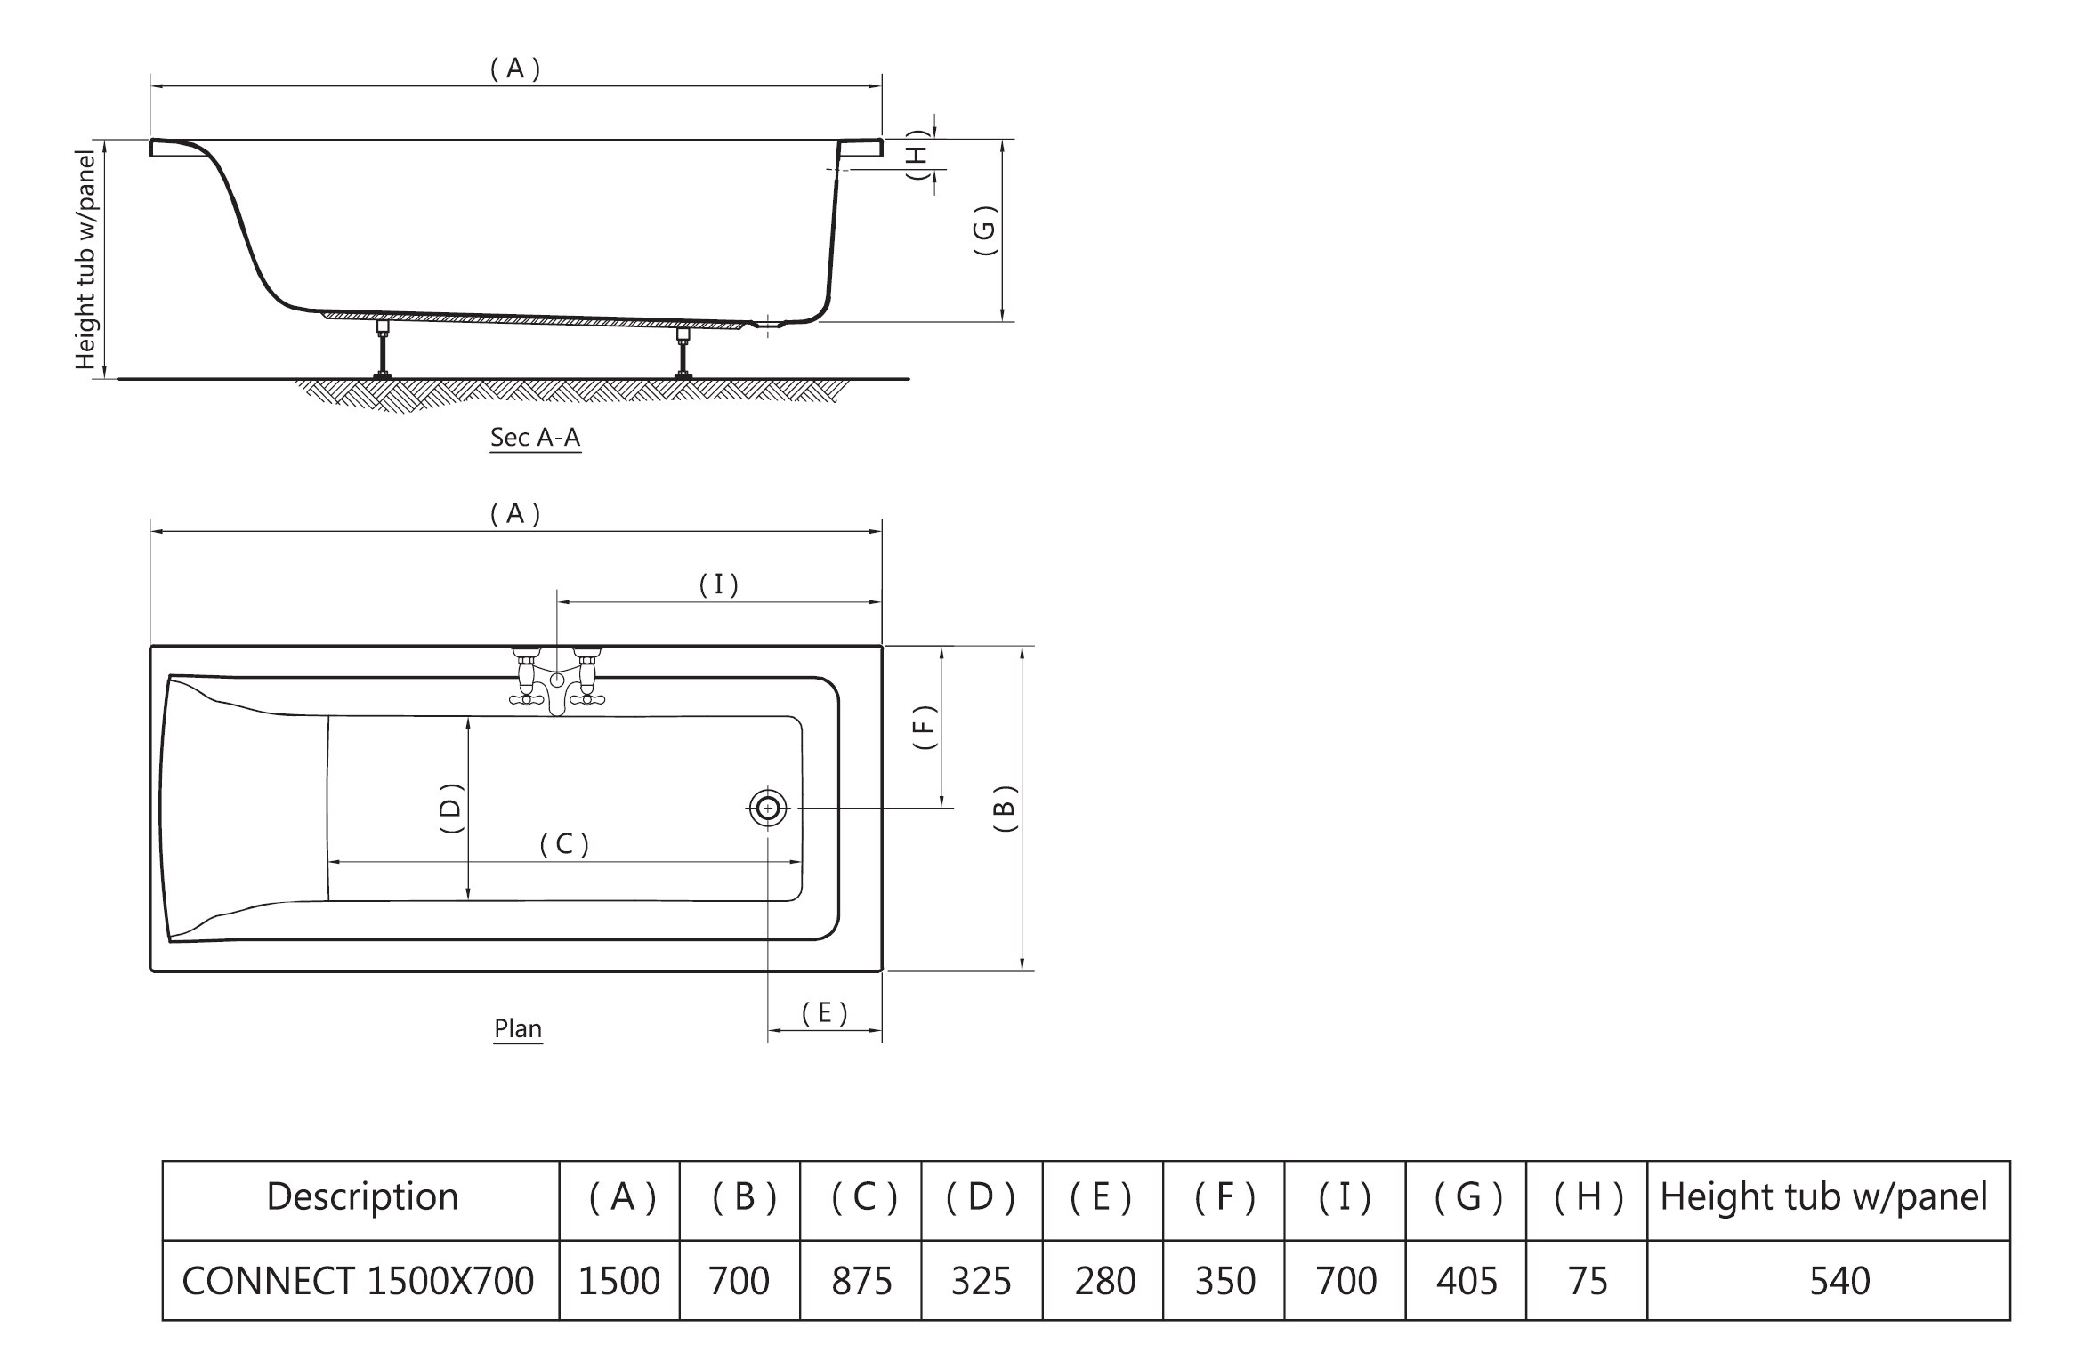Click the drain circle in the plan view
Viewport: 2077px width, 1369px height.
coord(767,809)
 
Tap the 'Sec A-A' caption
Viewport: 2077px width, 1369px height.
coord(535,438)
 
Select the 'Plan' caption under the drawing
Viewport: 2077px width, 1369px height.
coord(518,1028)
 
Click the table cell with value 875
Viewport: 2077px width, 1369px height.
coord(861,1281)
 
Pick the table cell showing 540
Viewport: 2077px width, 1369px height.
coord(1839,1281)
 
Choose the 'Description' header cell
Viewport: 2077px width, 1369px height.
coord(362,1197)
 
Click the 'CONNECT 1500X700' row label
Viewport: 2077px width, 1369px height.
coord(358,1281)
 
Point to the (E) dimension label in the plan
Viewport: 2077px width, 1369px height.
coord(824,1013)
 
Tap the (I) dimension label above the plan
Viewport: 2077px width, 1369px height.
coord(718,584)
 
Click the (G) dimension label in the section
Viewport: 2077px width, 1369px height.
coord(984,231)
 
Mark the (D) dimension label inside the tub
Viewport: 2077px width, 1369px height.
coord(452,808)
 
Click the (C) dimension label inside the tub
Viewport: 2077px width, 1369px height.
coord(564,844)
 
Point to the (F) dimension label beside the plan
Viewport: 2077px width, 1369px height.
coord(925,727)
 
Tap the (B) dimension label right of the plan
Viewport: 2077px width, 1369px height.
coord(1004,808)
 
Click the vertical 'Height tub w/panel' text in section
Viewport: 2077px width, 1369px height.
coord(85,260)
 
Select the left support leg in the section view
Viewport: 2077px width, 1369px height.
coord(383,350)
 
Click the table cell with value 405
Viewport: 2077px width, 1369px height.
coord(1467,1281)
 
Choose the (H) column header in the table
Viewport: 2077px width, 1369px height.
coord(1588,1197)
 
